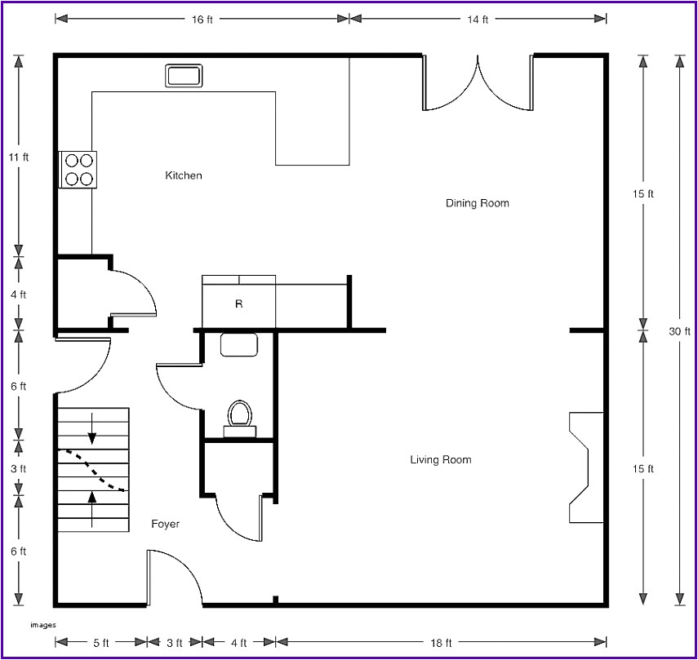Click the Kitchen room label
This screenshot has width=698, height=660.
184,175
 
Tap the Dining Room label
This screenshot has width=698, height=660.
477,202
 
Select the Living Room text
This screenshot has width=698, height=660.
440,460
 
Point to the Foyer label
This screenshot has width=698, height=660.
165,524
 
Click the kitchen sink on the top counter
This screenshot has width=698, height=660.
184,76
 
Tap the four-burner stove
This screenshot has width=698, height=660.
78,170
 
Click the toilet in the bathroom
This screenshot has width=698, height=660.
239,414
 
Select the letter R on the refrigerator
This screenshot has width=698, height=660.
239,303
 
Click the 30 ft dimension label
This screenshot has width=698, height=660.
680,331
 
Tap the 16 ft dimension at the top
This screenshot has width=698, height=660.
202,18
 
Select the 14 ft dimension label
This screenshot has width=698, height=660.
478,18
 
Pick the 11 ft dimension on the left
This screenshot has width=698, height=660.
19,157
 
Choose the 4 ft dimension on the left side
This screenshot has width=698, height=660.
19,295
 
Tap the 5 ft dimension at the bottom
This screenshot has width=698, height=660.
100,643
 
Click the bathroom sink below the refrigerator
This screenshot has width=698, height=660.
239,345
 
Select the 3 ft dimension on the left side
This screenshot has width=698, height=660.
19,469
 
